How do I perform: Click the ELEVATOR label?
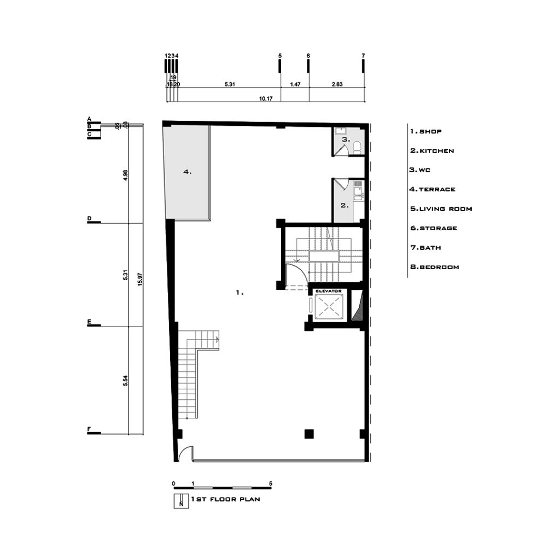tap(329, 291)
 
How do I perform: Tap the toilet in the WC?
tap(357, 147)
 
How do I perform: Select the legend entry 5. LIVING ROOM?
tap(441, 209)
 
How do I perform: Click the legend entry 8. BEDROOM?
tap(435, 267)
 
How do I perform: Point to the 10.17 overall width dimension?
tap(266, 98)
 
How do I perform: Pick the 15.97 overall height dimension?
tap(139, 279)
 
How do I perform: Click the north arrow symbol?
tap(181, 501)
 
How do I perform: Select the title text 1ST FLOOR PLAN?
tap(225, 499)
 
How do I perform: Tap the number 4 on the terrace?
tap(187, 172)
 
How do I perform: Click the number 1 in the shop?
tap(240, 293)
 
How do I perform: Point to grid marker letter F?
tap(89, 429)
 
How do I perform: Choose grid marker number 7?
tap(363, 56)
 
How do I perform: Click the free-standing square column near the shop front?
tap(309, 434)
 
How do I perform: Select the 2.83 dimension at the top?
tap(337, 84)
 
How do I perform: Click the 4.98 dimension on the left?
tap(125, 175)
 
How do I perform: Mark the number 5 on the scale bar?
tap(270, 483)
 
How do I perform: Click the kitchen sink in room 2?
tap(358, 190)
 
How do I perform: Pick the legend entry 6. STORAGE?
tap(434, 228)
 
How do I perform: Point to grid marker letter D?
tap(89, 218)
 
